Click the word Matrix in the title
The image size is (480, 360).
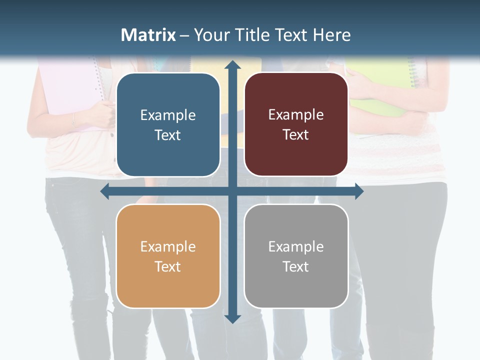pos(148,35)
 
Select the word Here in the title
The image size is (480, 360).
pos(331,35)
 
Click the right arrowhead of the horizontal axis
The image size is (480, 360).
pos(358,191)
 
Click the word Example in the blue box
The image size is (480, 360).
pos(168,115)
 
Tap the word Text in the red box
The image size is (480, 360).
pos(296,134)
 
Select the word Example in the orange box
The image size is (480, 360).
pos(168,247)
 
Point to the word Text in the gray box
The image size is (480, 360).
pos(296,266)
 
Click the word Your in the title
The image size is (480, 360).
pos(210,35)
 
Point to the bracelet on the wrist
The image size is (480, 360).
pos(73,119)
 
